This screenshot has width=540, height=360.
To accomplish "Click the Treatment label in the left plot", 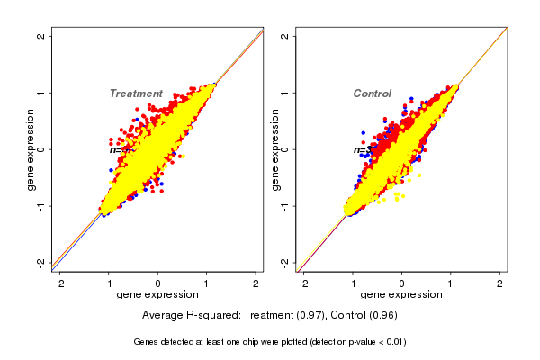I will click(136, 94).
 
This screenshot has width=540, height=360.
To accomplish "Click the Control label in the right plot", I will click(372, 94).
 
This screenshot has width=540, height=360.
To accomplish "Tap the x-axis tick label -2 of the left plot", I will click(59, 283).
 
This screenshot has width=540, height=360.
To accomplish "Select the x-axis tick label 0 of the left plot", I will click(158, 283).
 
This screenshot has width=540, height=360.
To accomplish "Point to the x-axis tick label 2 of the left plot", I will click(256, 283).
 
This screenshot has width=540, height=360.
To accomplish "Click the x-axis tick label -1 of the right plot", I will click(353, 283).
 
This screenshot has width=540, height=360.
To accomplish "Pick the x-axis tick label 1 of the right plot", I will click(452, 283).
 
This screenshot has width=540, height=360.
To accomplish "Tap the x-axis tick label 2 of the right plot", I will click(501, 283).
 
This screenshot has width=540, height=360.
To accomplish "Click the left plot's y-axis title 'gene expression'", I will click(31, 149).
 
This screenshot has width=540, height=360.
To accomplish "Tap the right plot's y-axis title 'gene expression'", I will click(276, 149).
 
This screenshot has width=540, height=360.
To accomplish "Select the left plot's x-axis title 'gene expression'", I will click(158, 295).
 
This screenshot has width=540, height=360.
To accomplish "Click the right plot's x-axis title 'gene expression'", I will click(402, 295).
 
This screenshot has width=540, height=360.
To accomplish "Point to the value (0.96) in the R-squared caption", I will click(381, 316).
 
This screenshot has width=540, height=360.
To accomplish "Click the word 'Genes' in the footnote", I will click(148, 342).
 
